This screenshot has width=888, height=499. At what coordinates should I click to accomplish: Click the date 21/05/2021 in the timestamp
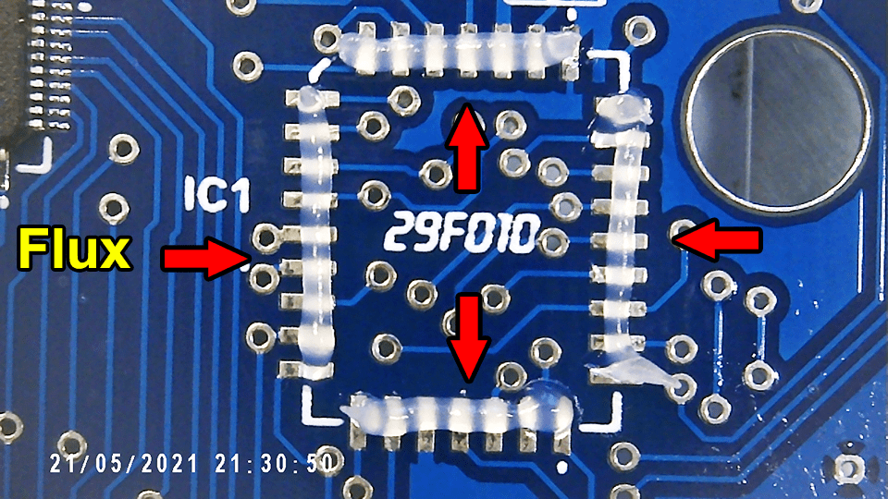[125, 462]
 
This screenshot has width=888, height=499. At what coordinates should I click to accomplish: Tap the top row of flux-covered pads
[459, 51]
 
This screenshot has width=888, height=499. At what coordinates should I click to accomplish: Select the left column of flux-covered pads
[315, 232]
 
